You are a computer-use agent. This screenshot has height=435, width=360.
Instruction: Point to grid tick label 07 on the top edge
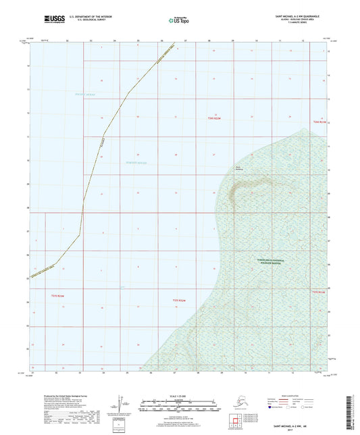(x=184, y=41)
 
